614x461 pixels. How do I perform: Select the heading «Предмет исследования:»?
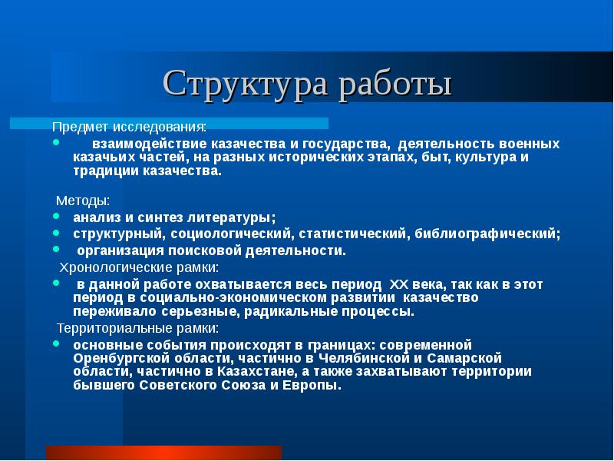tap(129, 126)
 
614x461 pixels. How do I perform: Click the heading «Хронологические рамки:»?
tap(140, 267)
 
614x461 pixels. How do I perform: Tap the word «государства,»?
tap(335, 144)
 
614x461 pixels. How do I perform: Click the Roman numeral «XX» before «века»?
tap(402, 284)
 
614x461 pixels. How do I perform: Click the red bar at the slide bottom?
tap(163, 453)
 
